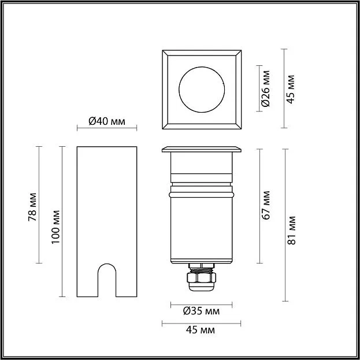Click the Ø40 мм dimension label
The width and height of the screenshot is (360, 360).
[x=107, y=121]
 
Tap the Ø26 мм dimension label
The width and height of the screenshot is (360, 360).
[x=266, y=88]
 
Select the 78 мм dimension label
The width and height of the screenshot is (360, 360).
[x=32, y=207]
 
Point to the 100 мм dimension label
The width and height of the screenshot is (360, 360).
[x=55, y=227]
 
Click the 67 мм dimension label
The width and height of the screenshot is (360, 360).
[x=266, y=205]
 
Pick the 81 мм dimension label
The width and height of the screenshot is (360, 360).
[x=292, y=231]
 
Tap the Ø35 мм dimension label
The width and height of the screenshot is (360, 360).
[x=201, y=311]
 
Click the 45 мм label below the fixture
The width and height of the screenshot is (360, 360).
[x=201, y=330]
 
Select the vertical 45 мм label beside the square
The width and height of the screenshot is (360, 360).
[x=291, y=90]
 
